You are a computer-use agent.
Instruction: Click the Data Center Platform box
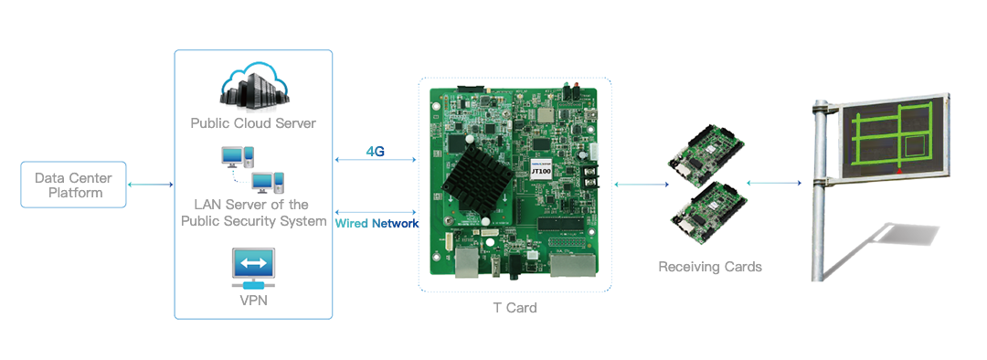[73, 185]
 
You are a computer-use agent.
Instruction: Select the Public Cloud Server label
[253, 122]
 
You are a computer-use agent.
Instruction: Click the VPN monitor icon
[253, 268]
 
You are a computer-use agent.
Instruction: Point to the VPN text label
[253, 301]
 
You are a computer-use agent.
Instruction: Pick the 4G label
[376, 151]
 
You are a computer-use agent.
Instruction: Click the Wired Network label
[377, 224]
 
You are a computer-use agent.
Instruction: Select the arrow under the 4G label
[377, 160]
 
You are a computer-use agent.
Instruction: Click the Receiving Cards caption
[710, 267]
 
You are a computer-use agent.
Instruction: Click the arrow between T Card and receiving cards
[641, 185]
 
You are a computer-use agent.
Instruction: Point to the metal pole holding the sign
[820, 190]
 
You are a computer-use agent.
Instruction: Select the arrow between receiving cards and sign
[774, 183]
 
